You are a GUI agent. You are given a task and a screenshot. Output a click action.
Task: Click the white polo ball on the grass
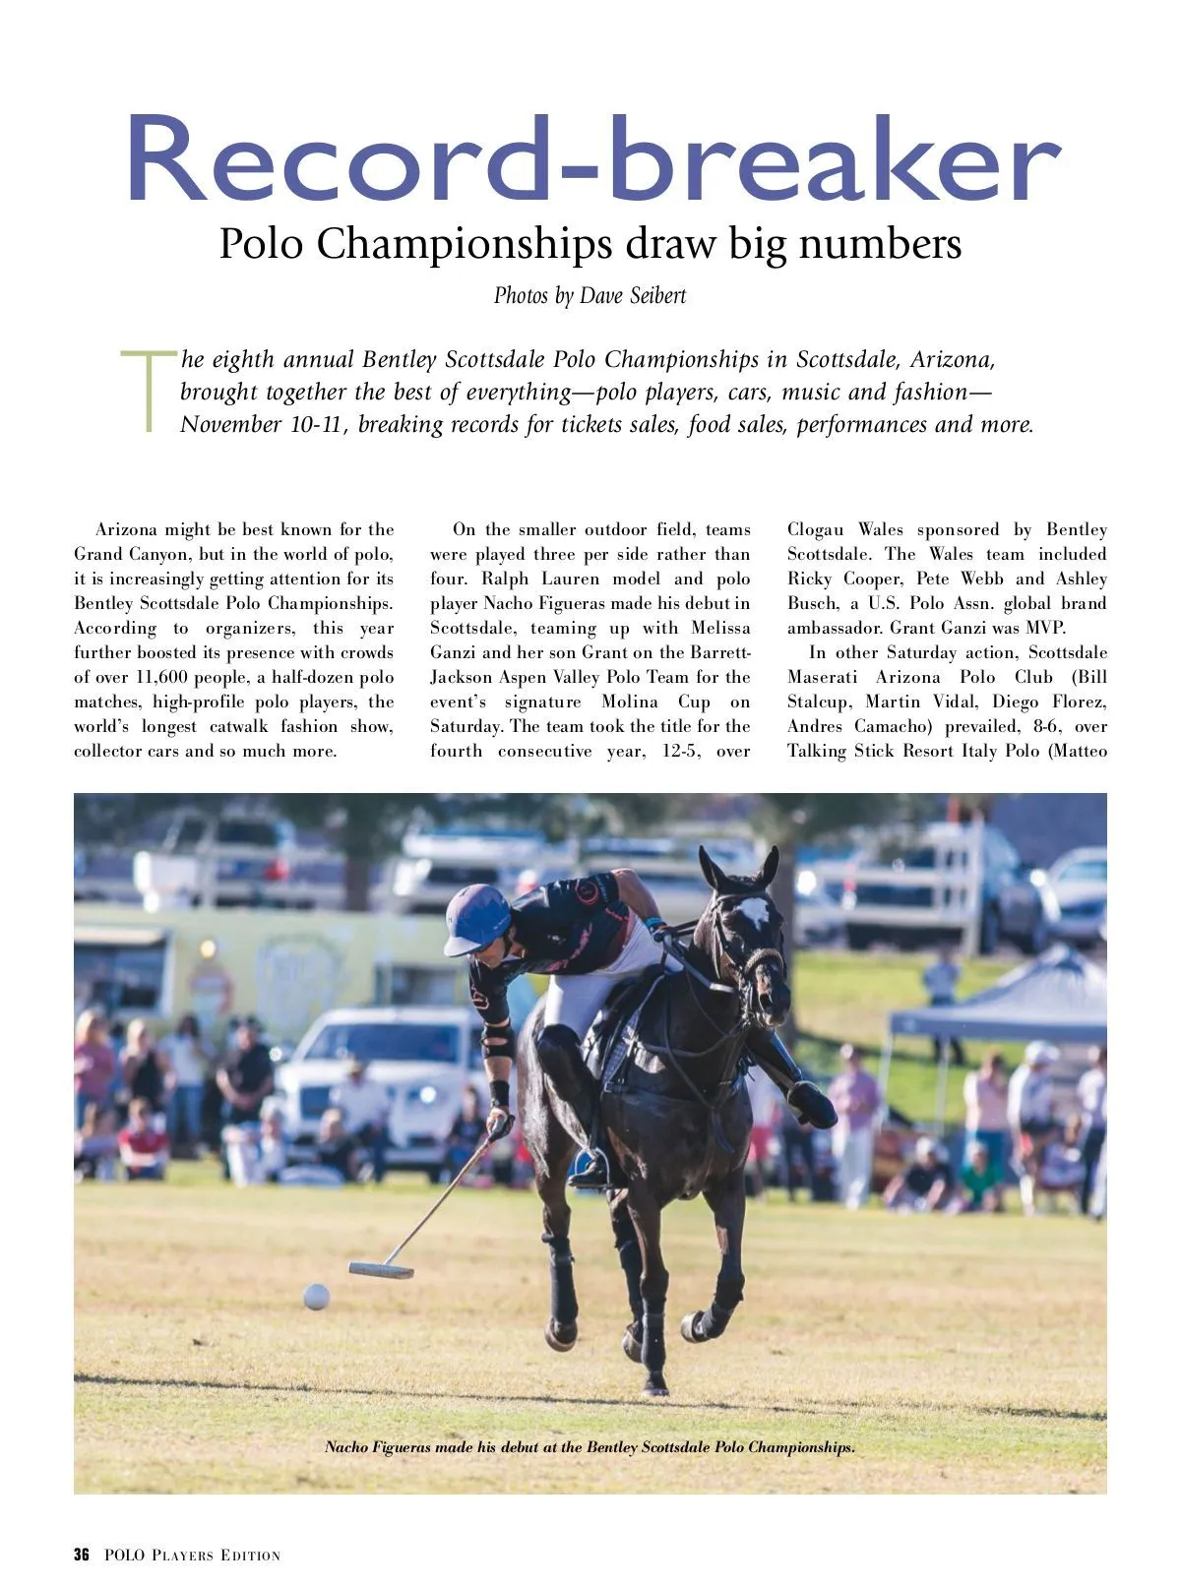[x=316, y=1296]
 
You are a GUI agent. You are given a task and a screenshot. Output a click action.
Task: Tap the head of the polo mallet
[x=380, y=1269]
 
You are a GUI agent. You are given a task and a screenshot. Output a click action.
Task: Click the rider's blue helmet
[x=477, y=917]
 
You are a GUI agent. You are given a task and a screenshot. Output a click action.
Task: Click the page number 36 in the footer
[x=82, y=1555]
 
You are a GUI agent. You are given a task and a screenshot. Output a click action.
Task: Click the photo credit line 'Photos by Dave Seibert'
[x=590, y=295]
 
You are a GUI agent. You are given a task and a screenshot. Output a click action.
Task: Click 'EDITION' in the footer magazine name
[x=250, y=1556]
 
